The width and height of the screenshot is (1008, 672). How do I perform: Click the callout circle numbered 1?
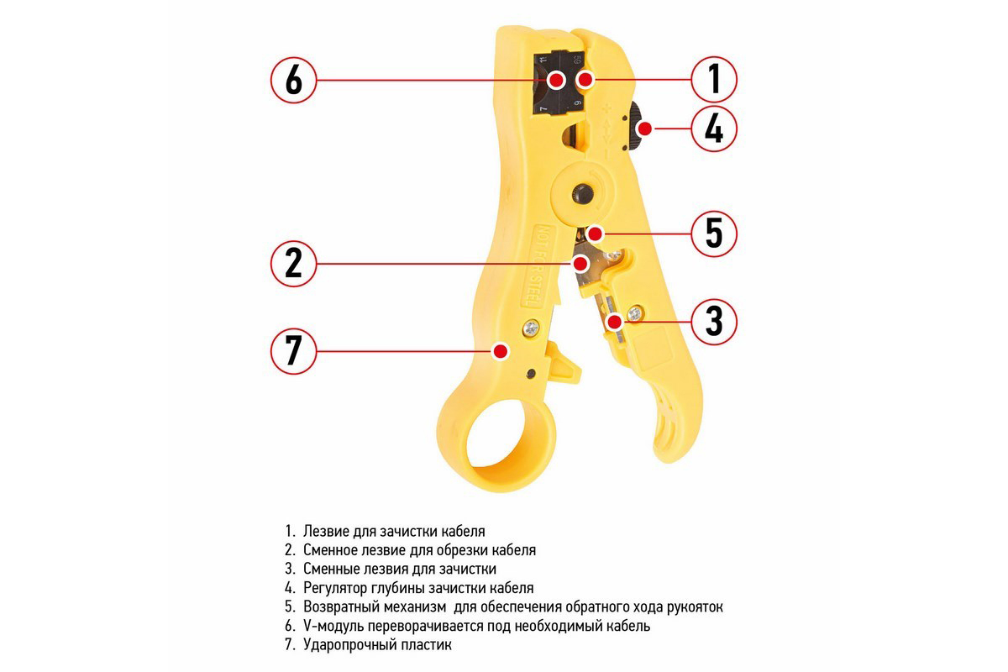click(714, 80)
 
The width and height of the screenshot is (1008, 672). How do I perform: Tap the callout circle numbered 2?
click(293, 263)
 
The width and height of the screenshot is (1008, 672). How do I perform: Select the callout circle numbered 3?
click(714, 320)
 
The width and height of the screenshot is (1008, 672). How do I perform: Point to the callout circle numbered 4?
click(714, 129)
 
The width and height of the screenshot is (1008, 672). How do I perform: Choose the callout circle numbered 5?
click(714, 233)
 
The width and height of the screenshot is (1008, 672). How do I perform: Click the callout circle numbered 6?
click(293, 80)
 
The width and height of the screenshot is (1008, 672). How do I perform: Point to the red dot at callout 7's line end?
click(501, 349)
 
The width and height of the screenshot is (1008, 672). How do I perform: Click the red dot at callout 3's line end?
click(615, 320)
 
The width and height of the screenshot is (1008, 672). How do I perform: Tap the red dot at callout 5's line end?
click(596, 233)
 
